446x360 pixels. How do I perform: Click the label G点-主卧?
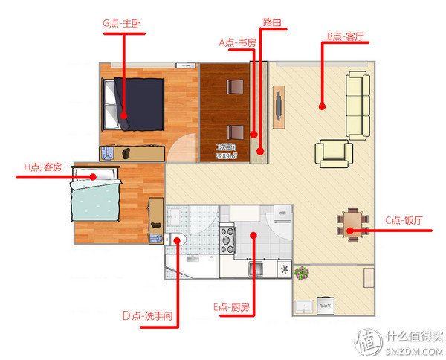coord(123,23)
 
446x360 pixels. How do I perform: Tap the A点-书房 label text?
coord(237,43)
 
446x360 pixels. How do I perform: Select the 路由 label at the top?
coord(273,23)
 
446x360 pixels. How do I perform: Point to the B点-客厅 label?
coord(345,35)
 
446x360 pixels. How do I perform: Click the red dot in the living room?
coord(322,106)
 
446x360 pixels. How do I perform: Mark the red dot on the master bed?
coord(123,115)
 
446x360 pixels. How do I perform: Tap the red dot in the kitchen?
coord(254,235)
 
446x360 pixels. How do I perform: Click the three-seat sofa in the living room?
coord(358,105)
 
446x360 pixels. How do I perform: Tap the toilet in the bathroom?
coord(177,240)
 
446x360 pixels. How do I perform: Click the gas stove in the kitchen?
coord(226,240)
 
